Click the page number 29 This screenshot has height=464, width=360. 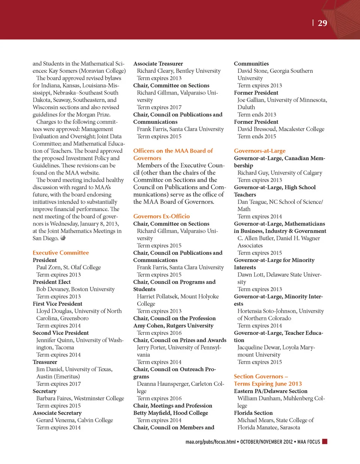pyautogui.click(x=322, y=23)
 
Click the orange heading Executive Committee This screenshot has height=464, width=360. pyautogui.click(x=61, y=253)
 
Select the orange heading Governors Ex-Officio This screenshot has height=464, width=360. pyautogui.click(x=161, y=216)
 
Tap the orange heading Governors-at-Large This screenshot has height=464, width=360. pyautogui.click(x=259, y=151)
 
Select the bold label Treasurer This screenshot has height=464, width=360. pyautogui.click(x=45, y=362)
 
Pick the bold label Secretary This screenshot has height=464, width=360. pyautogui.click(x=44, y=391)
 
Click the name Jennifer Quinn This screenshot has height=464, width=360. pyautogui.click(x=55, y=340)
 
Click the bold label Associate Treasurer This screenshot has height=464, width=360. pyautogui.click(x=158, y=64)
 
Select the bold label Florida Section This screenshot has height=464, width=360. pyautogui.click(x=253, y=413)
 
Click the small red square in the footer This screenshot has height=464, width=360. pyautogui.click(x=325, y=441)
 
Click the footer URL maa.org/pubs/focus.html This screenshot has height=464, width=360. pyautogui.click(x=210, y=442)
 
